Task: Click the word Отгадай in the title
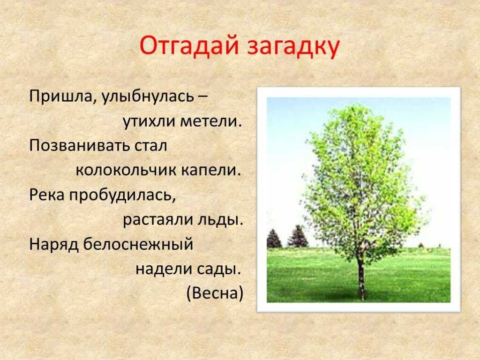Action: pyautogui.click(x=189, y=46)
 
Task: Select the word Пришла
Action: pyautogui.click(x=61, y=97)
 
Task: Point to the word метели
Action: pyautogui.click(x=211, y=121)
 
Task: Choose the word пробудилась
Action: pyautogui.click(x=122, y=195)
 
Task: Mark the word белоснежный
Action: pyautogui.click(x=138, y=244)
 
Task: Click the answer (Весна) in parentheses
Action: pyautogui.click(x=215, y=293)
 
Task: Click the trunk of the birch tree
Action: pyautogui.click(x=361, y=278)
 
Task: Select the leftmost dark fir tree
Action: pyautogui.click(x=274, y=239)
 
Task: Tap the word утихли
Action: pyautogui.click(x=149, y=122)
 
